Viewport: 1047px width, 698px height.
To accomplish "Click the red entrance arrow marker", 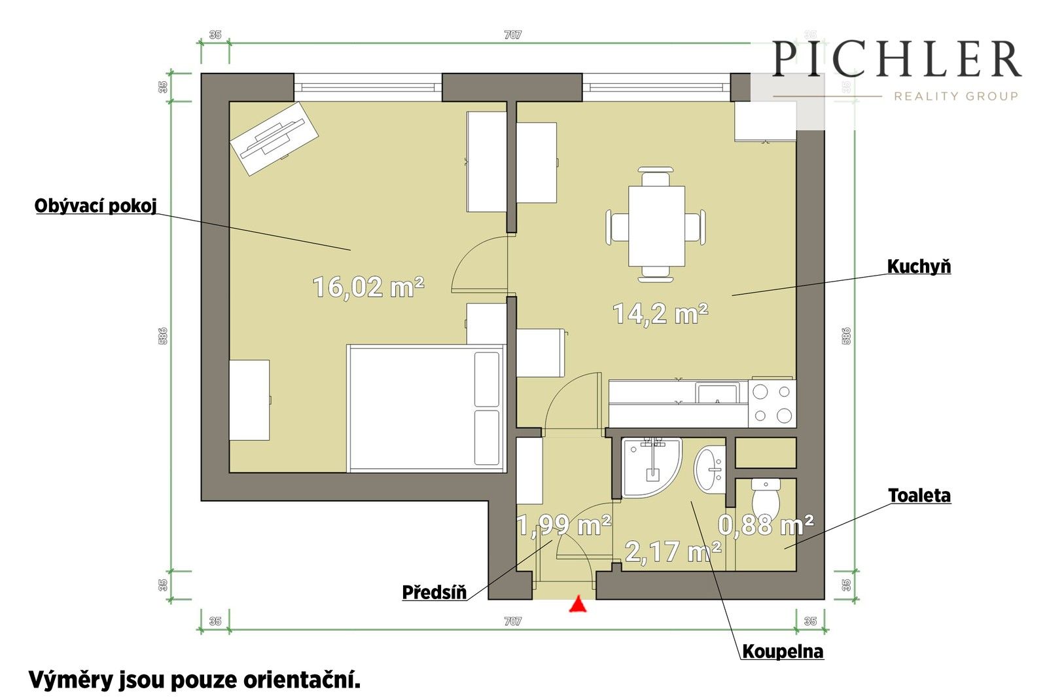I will [x=577, y=604].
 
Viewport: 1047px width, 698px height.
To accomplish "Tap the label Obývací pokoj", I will [x=96, y=206].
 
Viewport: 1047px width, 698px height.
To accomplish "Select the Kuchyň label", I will [x=919, y=266].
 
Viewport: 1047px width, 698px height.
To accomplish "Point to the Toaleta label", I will [x=919, y=496].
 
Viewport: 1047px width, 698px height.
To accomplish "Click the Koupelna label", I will [x=783, y=652].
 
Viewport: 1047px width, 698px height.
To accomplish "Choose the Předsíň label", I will [x=435, y=593].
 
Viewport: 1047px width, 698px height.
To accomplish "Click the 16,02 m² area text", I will [x=368, y=287].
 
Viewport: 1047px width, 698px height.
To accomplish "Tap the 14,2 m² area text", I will [x=660, y=314].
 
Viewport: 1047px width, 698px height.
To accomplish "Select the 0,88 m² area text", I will [x=766, y=524].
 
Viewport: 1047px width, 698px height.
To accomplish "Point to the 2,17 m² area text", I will [x=673, y=551].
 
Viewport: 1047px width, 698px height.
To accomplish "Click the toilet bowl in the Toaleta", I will [x=766, y=500].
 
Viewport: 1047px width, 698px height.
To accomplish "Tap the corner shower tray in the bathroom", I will [x=648, y=466].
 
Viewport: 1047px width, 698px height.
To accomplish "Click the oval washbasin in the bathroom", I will [x=709, y=469].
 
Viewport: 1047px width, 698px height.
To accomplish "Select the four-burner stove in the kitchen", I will [x=772, y=403].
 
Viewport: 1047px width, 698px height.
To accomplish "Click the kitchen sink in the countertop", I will [x=717, y=394].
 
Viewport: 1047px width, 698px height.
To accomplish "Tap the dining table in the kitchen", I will [x=656, y=226].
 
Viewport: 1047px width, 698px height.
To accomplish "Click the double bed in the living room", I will [x=426, y=409].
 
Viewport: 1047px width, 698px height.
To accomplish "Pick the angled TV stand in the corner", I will [x=274, y=138].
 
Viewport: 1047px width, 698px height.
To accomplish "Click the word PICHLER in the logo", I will [x=896, y=60].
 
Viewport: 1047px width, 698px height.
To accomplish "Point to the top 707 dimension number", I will [x=512, y=35].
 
